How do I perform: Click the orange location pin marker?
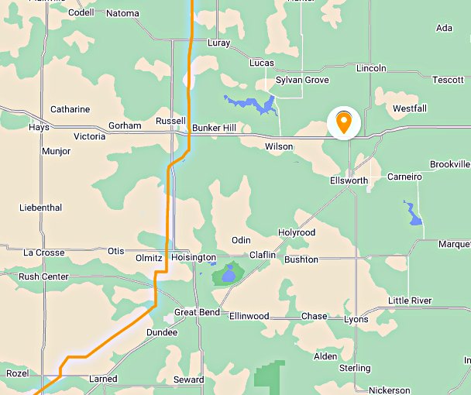click(x=342, y=122)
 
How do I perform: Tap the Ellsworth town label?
click(x=349, y=180)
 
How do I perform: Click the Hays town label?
click(x=39, y=127)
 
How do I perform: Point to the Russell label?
click(x=170, y=121)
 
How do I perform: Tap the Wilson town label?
click(x=279, y=146)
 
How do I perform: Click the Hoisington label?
click(x=193, y=257)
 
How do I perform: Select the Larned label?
click(x=103, y=379)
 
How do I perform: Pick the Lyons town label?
click(x=356, y=319)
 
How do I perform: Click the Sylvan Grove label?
click(x=303, y=80)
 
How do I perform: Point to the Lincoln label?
click(x=371, y=68)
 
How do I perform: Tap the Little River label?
click(x=410, y=301)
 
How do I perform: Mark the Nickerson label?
click(x=390, y=390)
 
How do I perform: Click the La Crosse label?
click(x=44, y=252)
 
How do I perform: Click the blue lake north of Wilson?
click(x=252, y=104)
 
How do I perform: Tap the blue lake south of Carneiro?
click(x=412, y=212)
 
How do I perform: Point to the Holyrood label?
click(x=297, y=232)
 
